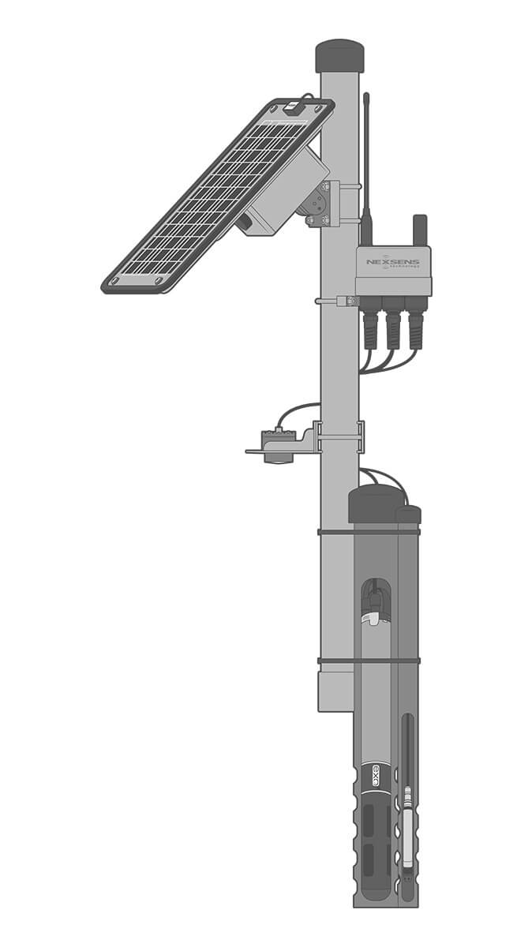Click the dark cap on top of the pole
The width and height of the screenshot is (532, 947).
click(x=339, y=56)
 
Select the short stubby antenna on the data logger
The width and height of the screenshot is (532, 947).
click(x=419, y=230)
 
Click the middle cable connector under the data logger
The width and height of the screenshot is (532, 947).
click(x=393, y=324)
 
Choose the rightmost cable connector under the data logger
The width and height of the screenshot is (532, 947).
click(x=415, y=324)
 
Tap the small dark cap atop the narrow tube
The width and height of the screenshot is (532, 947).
click(x=409, y=515)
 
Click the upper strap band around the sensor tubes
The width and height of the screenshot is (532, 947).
click(x=369, y=533)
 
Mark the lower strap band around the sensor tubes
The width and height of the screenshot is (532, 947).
click(x=369, y=661)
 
